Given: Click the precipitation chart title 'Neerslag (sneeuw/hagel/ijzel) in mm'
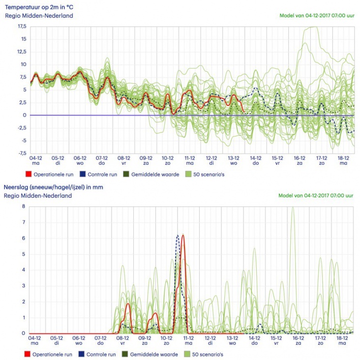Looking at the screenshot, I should [53, 187].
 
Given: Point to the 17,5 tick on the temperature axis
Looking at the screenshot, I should [22, 26].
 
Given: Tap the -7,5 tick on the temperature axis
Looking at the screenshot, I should [21, 153].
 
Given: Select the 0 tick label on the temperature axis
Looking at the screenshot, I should [25, 115].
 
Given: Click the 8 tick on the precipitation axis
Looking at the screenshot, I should [23, 207].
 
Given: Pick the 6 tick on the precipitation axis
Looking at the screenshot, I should [23, 239].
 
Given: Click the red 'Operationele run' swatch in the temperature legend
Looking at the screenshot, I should [28, 174].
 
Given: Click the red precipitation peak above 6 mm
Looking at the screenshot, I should [183, 236].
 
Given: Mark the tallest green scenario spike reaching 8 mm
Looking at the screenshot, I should [293, 208].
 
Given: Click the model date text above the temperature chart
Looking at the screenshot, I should [316, 15].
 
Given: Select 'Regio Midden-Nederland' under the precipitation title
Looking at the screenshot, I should [38, 196].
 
